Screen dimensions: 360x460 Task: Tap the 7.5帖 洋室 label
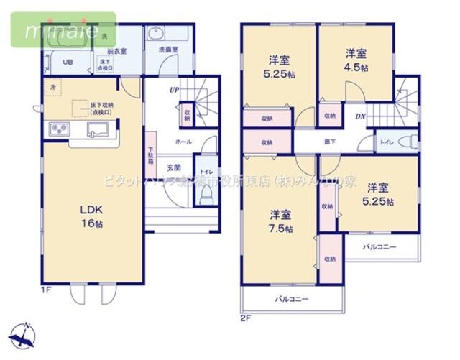click(x=281, y=221)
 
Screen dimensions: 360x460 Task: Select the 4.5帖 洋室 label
click(x=356, y=60)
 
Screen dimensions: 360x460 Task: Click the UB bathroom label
click(x=67, y=63)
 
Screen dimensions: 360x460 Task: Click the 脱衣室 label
click(x=116, y=52)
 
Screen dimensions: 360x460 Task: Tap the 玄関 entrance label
click(x=174, y=167)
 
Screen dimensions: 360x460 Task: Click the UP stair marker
click(x=174, y=91)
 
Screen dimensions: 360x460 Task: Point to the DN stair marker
click(x=359, y=116)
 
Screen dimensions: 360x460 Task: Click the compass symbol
click(x=25, y=335)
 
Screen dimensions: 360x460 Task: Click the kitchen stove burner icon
click(x=58, y=130)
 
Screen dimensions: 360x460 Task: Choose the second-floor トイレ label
click(x=385, y=142)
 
